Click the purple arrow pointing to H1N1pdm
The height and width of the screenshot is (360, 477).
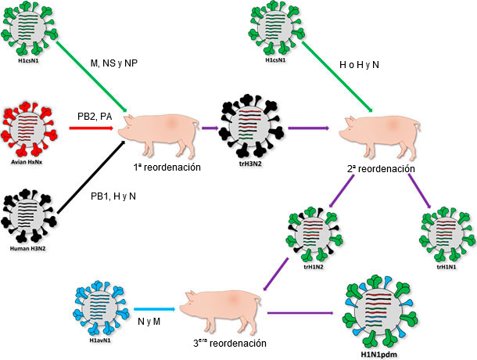tap(305, 314)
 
